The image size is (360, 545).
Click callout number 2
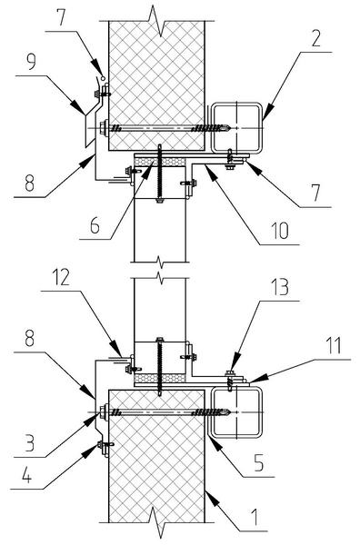[315, 38]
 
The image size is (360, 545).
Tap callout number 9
[31, 62]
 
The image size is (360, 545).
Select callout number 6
[95, 225]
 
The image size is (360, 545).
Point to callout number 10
[280, 231]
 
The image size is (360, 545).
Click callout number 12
[61, 278]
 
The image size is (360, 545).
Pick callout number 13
[280, 287]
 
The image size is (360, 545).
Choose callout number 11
[334, 346]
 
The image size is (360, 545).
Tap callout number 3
[30, 443]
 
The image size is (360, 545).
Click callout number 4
[26, 475]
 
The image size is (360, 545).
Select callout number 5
[259, 462]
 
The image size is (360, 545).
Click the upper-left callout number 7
[62, 18]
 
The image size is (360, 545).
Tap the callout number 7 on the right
[315, 193]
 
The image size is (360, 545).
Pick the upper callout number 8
[30, 183]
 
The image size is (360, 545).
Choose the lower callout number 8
[30, 338]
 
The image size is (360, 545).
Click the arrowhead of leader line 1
[211, 497]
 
